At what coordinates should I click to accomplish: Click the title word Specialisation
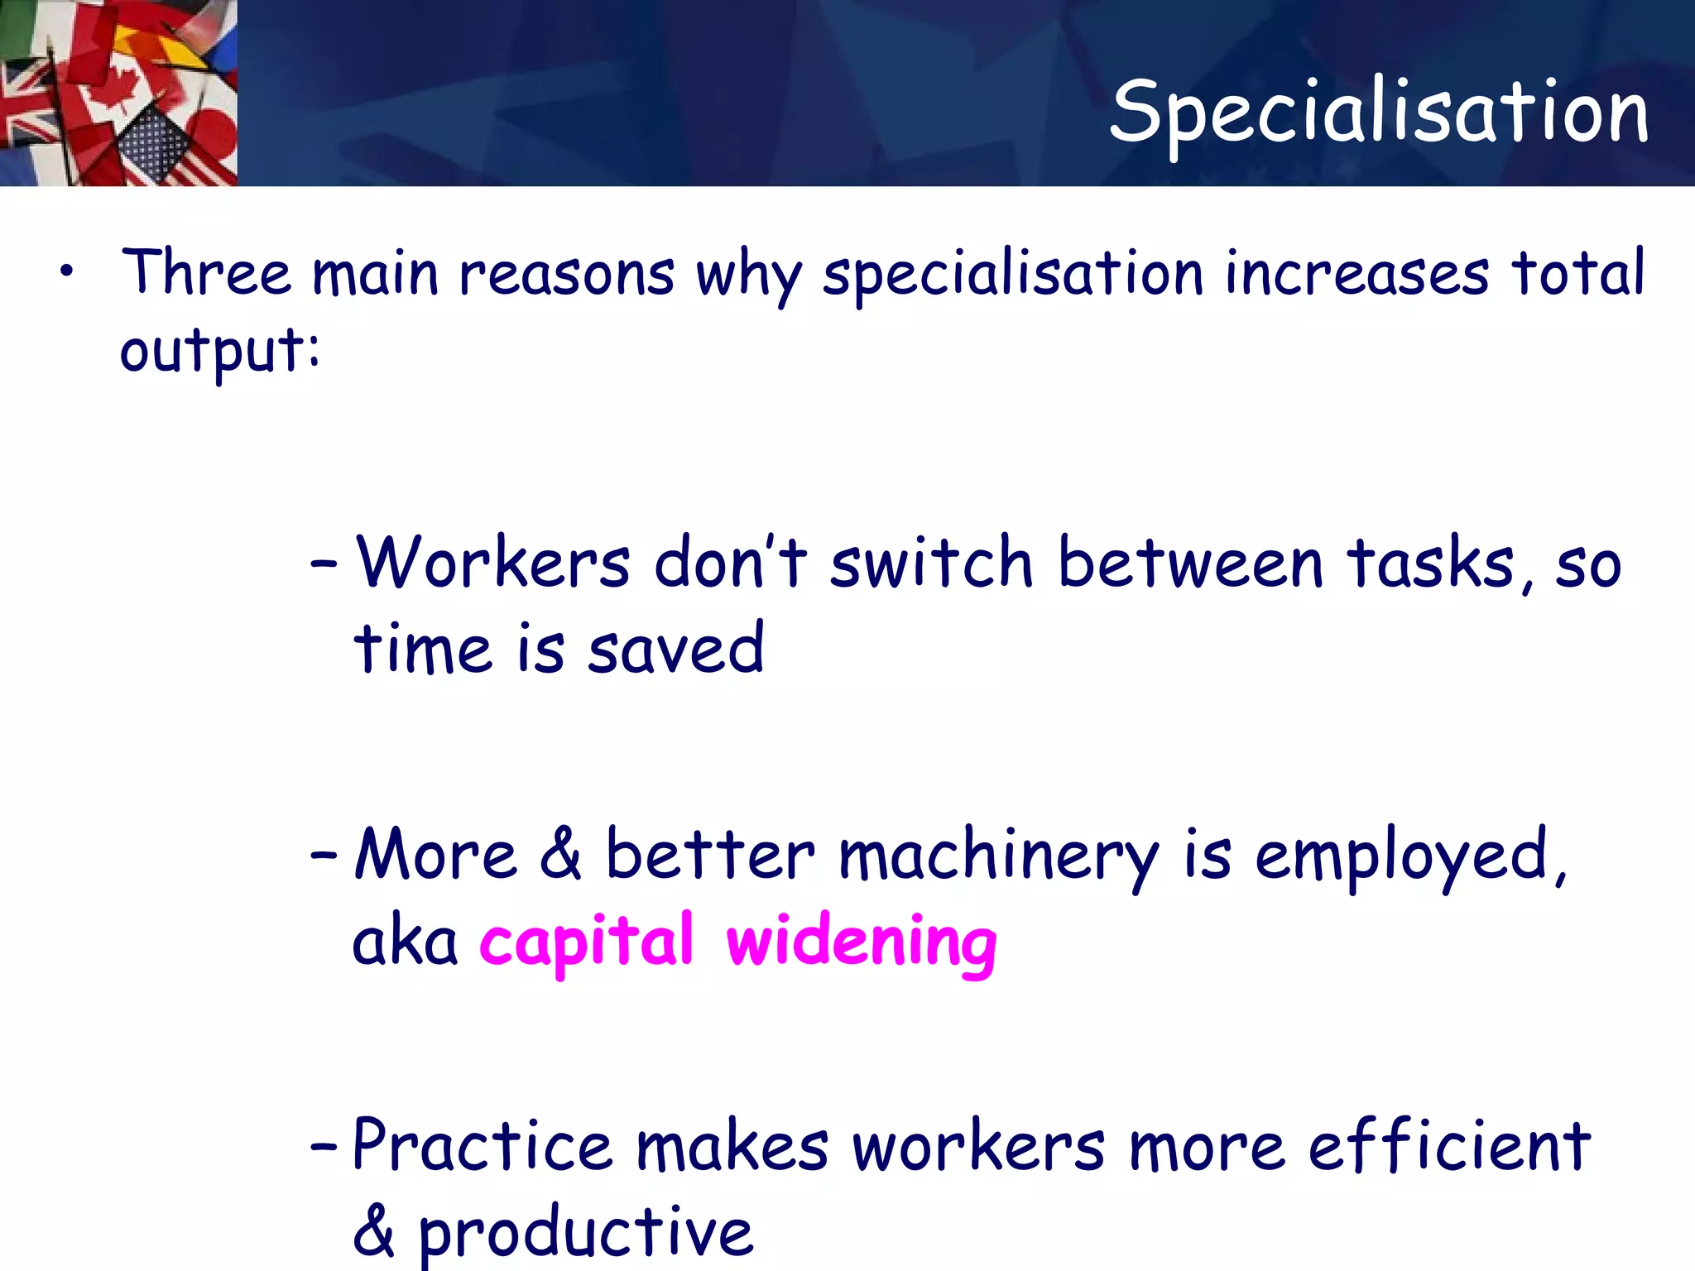pyautogui.click(x=1379, y=112)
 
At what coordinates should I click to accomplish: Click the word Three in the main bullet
pyautogui.click(x=206, y=272)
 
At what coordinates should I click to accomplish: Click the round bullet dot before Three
pyautogui.click(x=67, y=271)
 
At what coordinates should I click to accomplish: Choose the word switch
pyautogui.click(x=931, y=563)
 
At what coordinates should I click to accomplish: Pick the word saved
pyautogui.click(x=675, y=650)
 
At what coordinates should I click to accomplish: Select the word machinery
pyautogui.click(x=998, y=857)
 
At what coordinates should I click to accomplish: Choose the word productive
pyautogui.click(x=585, y=1233)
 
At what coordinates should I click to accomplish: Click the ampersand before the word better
pyautogui.click(x=560, y=854)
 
